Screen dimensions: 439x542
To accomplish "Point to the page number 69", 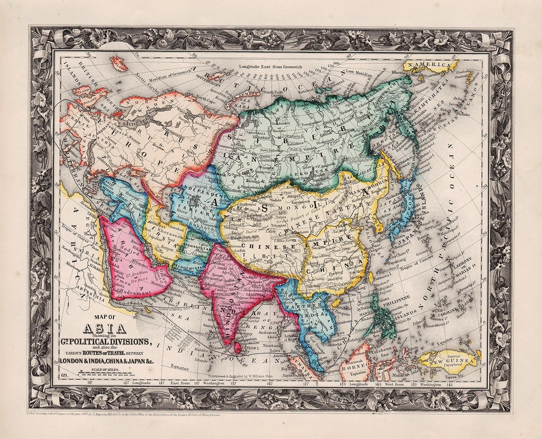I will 63,377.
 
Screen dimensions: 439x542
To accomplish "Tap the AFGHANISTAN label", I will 196,248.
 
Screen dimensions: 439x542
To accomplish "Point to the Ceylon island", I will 238,348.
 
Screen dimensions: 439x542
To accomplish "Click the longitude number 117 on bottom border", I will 90,382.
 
